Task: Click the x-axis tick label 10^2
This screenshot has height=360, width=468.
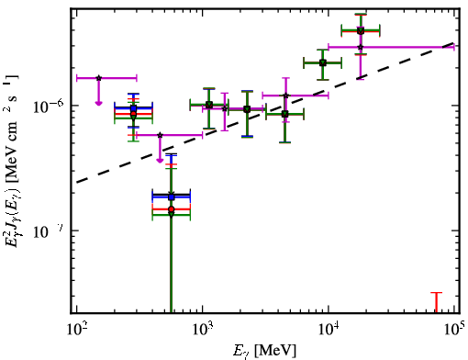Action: (x=76, y=331)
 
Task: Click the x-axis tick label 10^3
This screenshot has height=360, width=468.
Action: (x=203, y=331)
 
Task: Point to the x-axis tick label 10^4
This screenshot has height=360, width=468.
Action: (x=329, y=331)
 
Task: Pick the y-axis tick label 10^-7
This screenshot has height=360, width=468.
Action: (x=48, y=231)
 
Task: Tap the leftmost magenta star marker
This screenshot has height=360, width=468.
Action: (x=98, y=78)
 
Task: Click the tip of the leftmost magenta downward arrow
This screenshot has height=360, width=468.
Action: (x=98, y=106)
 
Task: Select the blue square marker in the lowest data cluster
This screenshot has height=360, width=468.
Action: (x=172, y=197)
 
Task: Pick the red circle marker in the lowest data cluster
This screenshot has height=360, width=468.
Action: (x=172, y=209)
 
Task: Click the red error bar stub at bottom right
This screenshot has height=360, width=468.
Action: (x=437, y=303)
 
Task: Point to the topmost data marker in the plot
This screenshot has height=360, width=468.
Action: (x=361, y=30)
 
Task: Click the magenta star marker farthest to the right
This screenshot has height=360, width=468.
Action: (x=361, y=47)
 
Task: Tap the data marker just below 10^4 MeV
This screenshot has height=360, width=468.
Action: (x=322, y=63)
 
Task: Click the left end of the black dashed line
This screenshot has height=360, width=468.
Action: (x=76, y=183)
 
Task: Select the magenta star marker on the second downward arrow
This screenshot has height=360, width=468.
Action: (x=160, y=135)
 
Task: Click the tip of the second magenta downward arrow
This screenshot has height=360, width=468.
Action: (x=160, y=163)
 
